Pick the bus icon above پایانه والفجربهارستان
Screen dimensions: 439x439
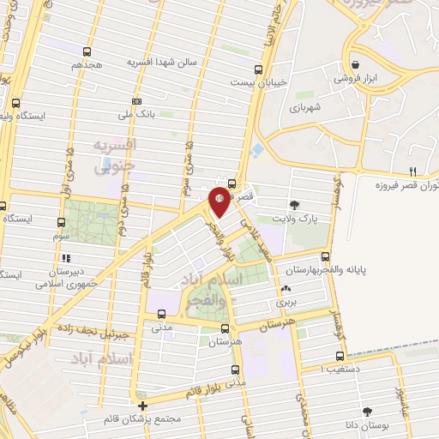click(323, 256)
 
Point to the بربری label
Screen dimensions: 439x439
click(285, 303)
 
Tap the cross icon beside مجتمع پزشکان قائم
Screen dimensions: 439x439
click(142, 406)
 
